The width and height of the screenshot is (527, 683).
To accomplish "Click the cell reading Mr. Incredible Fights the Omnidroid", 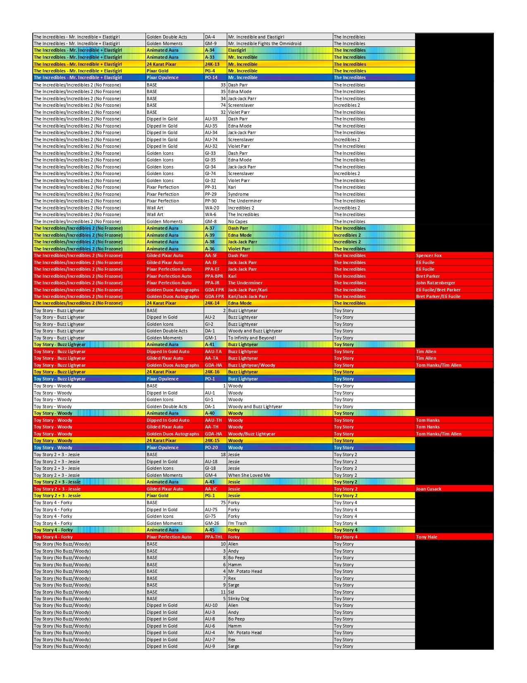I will tap(265, 43).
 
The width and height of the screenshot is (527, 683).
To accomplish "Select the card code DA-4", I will tap(210, 37).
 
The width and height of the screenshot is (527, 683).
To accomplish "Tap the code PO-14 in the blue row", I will tap(211, 77).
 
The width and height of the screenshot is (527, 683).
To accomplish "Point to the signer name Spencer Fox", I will tap(429, 255).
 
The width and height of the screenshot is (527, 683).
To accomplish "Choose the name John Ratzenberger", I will tap(435, 283).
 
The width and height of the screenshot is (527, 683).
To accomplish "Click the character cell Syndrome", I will tap(238, 194).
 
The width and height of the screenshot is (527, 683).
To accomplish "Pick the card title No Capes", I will tap(238, 221).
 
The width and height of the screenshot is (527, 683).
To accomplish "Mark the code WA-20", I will tap(212, 208).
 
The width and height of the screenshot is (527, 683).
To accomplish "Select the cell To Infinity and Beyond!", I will tap(252, 338).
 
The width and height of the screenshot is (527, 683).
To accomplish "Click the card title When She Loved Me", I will tap(249, 475).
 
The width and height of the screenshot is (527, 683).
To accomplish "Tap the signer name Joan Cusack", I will tap(428, 489).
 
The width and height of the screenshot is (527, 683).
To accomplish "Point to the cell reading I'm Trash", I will tap(237, 523).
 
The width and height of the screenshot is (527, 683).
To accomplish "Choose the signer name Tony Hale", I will tap(426, 537).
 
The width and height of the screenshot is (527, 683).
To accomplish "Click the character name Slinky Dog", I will tap(238, 599).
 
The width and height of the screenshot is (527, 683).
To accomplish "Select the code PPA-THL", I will tap(214, 537).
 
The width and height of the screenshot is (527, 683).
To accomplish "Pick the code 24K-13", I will tap(212, 64).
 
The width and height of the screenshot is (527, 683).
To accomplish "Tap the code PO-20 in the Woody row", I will tap(211, 447).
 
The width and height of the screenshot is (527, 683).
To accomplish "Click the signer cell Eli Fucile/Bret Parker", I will tap(438, 290).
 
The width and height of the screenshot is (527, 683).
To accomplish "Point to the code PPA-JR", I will tap(212, 283).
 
